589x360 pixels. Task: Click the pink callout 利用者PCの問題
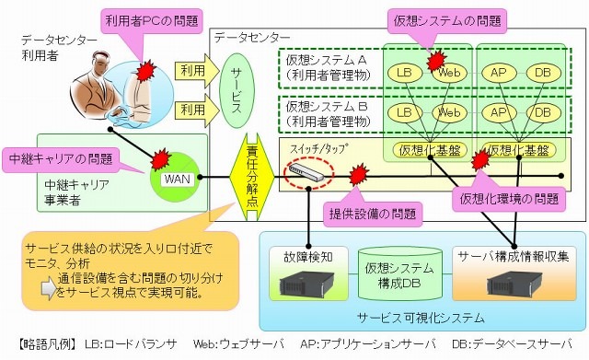143,19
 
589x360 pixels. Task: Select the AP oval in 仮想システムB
497,111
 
